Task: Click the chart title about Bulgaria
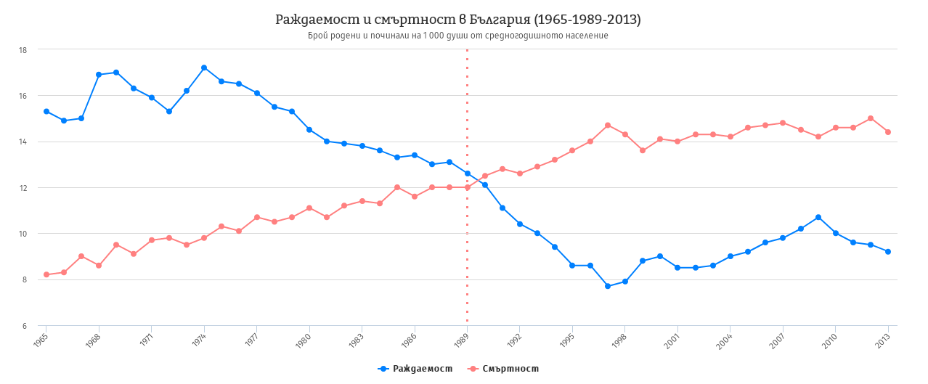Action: [457, 20]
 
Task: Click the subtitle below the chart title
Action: [457, 36]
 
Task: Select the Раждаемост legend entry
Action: [415, 369]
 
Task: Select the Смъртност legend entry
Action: [503, 369]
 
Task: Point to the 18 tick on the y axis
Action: [23, 50]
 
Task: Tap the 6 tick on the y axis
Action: [25, 326]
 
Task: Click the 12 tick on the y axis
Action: [23, 188]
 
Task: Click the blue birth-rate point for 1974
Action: [204, 68]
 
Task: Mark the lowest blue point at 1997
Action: [608, 286]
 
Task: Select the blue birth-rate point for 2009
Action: [818, 217]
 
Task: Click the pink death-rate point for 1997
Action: [608, 125]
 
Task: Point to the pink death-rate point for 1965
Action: [46, 274]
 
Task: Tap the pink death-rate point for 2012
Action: [871, 118]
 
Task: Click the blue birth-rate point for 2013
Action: [888, 251]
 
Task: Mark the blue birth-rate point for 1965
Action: [46, 111]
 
